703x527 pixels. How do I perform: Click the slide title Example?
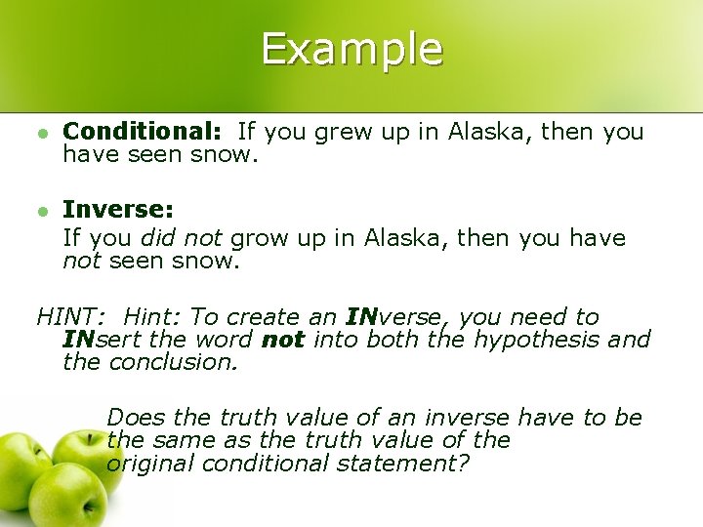pyautogui.click(x=351, y=49)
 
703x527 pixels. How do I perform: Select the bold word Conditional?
pyautogui.click(x=144, y=132)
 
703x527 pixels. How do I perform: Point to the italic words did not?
pyautogui.click(x=183, y=238)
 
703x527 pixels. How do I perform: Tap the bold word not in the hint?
pyautogui.click(x=283, y=341)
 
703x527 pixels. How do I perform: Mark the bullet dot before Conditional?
pyautogui.click(x=41, y=132)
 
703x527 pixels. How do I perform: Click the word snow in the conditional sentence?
pyautogui.click(x=222, y=154)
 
